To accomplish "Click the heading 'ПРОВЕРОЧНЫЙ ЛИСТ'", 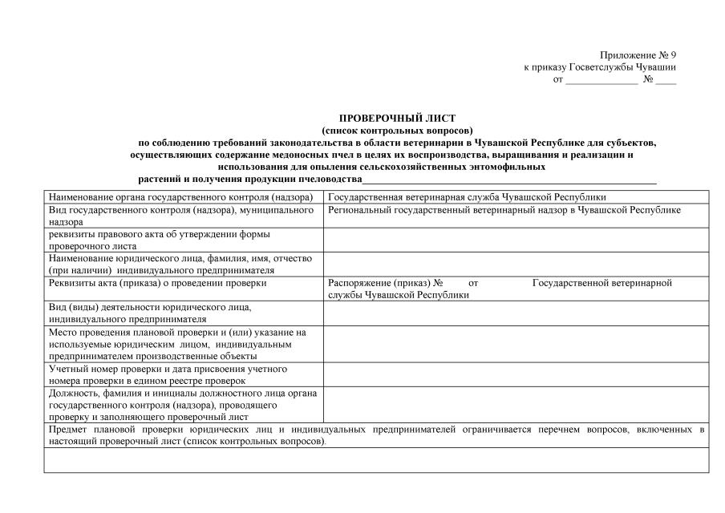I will [397, 118].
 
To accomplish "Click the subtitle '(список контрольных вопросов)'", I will [397, 130].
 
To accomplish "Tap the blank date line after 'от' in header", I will [601, 80].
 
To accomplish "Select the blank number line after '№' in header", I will [665, 80].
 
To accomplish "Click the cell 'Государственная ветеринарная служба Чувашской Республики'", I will [467, 197].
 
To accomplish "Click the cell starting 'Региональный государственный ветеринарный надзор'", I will [504, 210].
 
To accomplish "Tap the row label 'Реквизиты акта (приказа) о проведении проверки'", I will [157, 283].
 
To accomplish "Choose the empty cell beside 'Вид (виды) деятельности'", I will [516, 313].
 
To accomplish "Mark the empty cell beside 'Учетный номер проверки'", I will [516, 375].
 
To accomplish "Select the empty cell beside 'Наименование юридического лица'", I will [516, 265].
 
